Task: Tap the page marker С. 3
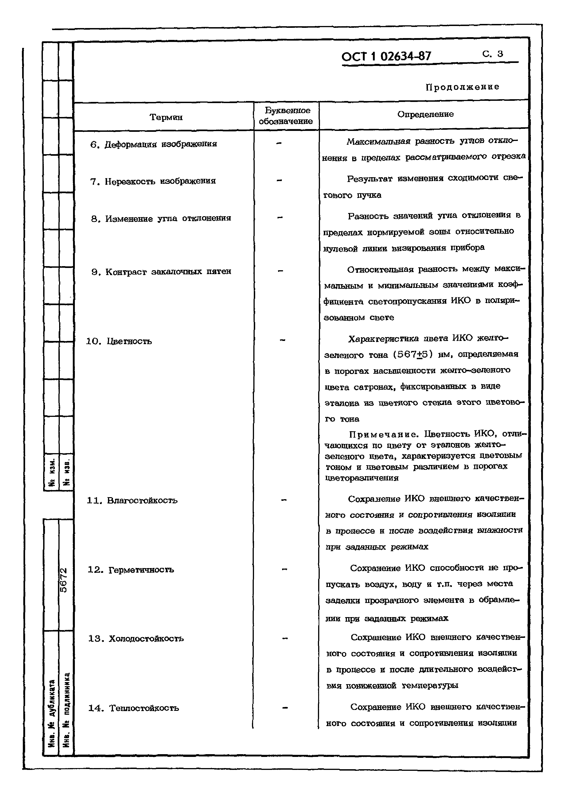tap(493, 54)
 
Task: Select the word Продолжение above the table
tap(462, 87)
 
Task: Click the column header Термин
tap(166, 117)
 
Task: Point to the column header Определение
tap(425, 114)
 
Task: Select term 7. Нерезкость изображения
tap(153, 181)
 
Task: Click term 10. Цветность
tap(119, 341)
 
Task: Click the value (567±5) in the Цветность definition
tap(413, 355)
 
